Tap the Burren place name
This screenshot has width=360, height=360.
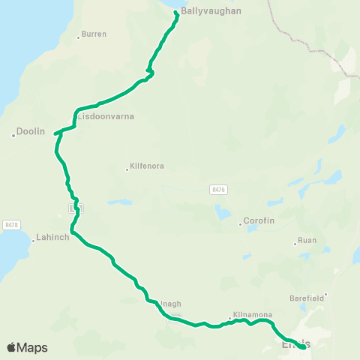click(x=94, y=34)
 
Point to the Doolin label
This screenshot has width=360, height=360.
click(x=31, y=131)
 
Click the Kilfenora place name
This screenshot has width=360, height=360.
click(x=147, y=166)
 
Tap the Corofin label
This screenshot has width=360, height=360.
click(x=259, y=222)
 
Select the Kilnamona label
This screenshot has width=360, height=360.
click(x=252, y=315)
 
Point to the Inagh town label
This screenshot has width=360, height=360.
click(x=171, y=304)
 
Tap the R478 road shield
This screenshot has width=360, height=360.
click(x=10, y=224)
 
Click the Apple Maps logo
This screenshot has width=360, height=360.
click(x=27, y=347)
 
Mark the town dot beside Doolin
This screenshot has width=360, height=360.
click(x=13, y=136)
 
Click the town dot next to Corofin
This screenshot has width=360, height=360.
click(x=240, y=223)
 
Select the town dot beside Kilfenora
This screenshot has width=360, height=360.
click(x=127, y=169)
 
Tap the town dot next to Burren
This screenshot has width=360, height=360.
click(x=79, y=37)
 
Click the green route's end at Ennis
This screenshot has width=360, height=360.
click(x=303, y=346)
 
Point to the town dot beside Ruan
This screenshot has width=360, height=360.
click(x=295, y=243)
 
